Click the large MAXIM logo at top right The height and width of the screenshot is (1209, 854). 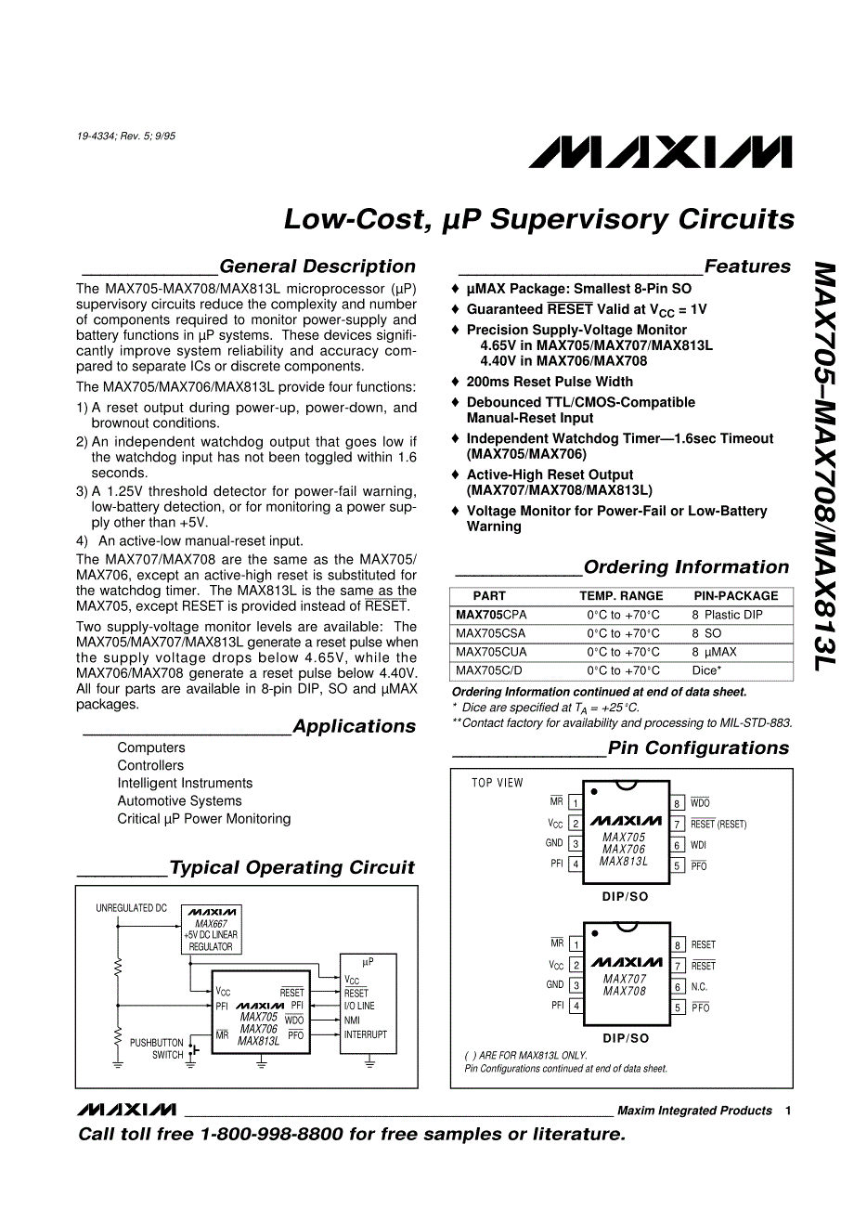(660, 152)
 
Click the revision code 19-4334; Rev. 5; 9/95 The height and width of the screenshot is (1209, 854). (126, 136)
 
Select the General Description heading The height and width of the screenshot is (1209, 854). (317, 266)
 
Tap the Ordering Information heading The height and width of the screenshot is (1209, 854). (686, 567)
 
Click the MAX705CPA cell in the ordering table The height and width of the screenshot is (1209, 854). (491, 615)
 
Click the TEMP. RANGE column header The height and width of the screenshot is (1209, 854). (621, 596)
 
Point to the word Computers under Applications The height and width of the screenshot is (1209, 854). (151, 747)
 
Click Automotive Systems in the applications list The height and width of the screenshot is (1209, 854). (179, 800)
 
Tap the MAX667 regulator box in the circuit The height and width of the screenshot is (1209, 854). (211, 929)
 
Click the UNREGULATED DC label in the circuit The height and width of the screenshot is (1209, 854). (132, 908)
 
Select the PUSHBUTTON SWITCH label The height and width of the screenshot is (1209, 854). (157, 1048)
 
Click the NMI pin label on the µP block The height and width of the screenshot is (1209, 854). (352, 1020)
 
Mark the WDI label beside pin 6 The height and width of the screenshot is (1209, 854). (698, 845)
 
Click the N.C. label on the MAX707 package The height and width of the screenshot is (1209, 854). (699, 987)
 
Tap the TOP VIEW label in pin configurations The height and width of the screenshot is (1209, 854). (498, 783)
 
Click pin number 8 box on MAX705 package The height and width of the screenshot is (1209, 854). (678, 803)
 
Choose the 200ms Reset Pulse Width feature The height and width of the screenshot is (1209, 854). (550, 382)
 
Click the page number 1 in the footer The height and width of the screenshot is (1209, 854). (787, 1111)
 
